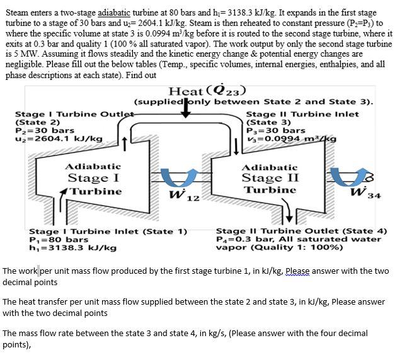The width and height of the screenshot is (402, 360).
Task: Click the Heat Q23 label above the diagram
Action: pyautogui.click(x=207, y=91)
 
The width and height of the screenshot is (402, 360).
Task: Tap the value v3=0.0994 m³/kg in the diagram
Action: pyautogui.click(x=291, y=138)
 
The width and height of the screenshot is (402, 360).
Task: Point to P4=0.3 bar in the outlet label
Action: pyautogui.click(x=243, y=239)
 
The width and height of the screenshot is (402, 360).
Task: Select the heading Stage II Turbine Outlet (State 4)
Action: pyautogui.click(x=301, y=231)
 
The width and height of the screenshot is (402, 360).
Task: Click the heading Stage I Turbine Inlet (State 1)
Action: pyautogui.click(x=108, y=231)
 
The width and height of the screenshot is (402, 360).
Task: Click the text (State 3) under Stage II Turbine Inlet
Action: pyautogui.click(x=268, y=122)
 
